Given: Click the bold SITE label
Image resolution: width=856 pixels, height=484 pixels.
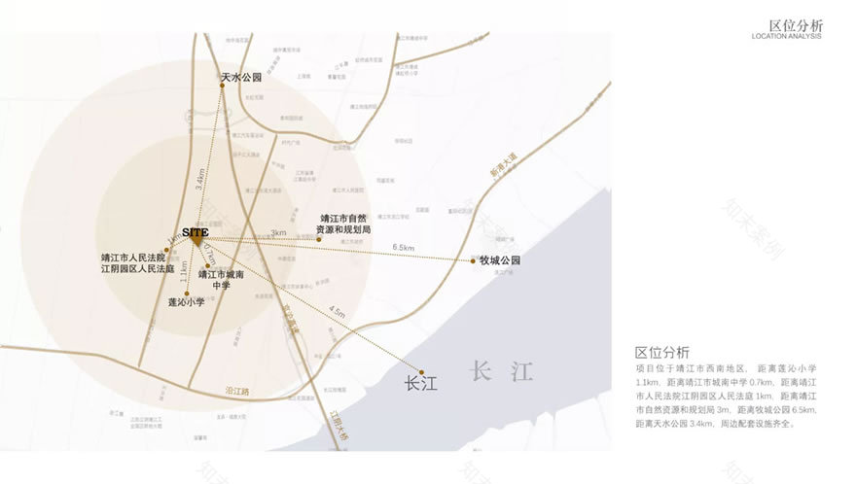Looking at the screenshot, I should coord(196,231).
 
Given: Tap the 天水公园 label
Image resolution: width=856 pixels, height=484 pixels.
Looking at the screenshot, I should coord(241,76).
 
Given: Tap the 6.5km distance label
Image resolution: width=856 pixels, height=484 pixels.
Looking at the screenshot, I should coord(404,248).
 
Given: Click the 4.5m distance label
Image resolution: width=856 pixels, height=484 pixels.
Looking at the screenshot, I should coord(338,313).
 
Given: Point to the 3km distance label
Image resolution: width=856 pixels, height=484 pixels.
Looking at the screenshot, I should coord(278,233).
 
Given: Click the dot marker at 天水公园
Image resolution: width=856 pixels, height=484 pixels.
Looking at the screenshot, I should coord(222,86).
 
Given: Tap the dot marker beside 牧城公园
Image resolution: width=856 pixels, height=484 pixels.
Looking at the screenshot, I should coord(473,260).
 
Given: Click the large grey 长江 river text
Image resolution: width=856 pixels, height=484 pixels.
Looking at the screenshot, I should coord(502,371).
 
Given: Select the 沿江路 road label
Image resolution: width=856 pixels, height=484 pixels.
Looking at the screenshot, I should coord(237,391).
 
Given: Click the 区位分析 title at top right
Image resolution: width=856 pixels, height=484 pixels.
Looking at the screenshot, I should coord(795,25).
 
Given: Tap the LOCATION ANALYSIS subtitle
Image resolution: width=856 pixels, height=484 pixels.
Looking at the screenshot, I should coord(786,37).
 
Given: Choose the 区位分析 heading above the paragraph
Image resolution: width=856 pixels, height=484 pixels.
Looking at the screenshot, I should coord(662,352).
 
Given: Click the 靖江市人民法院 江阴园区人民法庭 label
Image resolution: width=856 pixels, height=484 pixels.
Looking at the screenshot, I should coord(137,262).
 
